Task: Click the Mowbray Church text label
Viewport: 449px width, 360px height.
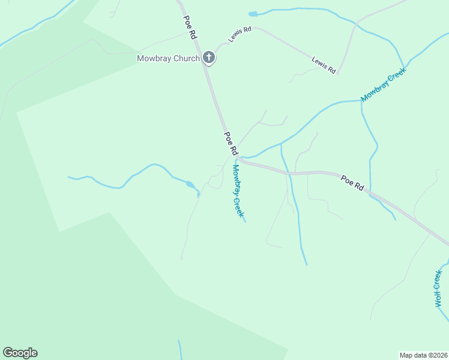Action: [167, 58]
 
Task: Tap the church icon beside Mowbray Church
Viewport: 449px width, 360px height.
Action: [209, 58]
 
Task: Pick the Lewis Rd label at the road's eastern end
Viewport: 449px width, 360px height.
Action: [324, 65]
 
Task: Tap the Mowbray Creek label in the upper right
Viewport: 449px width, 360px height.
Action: [384, 84]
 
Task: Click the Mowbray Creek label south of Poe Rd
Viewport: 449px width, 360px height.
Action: [238, 191]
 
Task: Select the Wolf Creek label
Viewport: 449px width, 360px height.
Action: [439, 288]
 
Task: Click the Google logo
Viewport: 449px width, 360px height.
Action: [20, 353]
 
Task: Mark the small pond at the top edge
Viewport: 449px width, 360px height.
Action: [252, 14]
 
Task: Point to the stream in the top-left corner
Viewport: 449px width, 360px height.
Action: [36, 24]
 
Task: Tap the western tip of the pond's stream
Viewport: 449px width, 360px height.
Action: [69, 177]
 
